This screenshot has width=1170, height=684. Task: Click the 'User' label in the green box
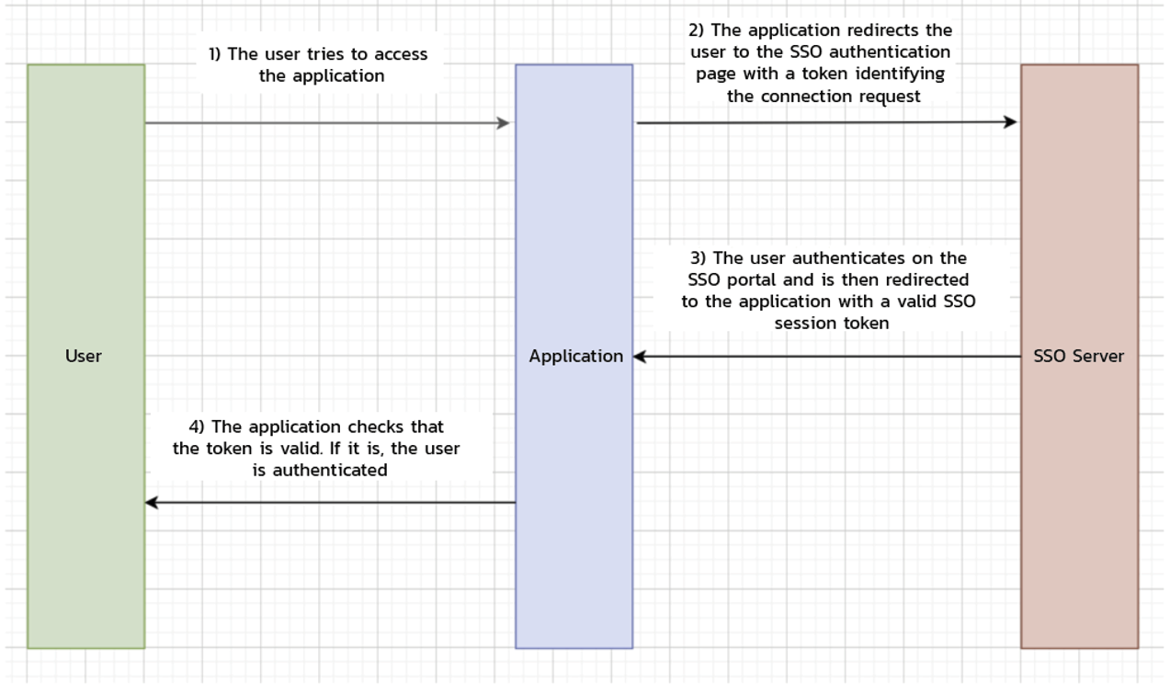[83, 356]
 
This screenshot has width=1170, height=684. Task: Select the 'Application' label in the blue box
[575, 356]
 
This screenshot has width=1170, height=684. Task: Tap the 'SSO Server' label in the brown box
[1078, 356]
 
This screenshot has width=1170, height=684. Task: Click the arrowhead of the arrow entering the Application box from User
[503, 123]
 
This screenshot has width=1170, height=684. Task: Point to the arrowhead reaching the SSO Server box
[1010, 121]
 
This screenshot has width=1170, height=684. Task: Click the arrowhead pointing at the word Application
[640, 357]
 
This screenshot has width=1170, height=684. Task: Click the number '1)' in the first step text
[215, 54]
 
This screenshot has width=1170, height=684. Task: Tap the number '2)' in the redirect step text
[696, 30]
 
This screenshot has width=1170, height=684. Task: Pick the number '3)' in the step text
[699, 258]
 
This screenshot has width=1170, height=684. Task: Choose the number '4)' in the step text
[197, 427]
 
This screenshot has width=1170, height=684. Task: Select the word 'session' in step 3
[806, 323]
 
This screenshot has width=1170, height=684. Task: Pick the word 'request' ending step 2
[888, 96]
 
